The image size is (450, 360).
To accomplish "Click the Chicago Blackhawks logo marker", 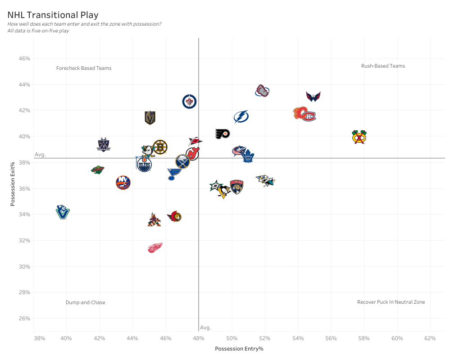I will pos(359,137).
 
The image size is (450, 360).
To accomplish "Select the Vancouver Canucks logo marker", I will pos(63,212).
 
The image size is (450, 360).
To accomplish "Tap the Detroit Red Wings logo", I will pos(155,248).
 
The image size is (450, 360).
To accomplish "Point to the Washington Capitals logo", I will pos(313,96).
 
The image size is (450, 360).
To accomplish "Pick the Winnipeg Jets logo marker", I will pos(189,101).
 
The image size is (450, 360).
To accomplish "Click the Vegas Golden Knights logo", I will pos(150,118).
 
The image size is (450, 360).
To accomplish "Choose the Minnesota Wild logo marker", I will pos(98,170).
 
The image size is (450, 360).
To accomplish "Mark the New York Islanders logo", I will pos(123,182).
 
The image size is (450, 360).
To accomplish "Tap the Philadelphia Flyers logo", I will pos(223,134).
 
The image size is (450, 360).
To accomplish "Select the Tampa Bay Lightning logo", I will pos(241,117).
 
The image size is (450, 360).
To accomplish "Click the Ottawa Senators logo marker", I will pos(175,217).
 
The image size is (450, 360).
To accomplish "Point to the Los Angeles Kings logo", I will pos(104,145).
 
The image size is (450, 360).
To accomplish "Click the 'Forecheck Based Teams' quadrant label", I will pos(84,68).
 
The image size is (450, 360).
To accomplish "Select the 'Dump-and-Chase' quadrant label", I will pos(85,302).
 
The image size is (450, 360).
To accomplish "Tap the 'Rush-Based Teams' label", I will pos(383,66).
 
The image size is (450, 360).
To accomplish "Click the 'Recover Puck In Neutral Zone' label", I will pos(391,302).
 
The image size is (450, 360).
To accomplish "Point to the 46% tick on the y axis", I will pos(24,59).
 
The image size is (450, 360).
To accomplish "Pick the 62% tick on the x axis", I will pos(430,338).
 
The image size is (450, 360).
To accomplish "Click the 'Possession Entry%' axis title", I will pos(239,349).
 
